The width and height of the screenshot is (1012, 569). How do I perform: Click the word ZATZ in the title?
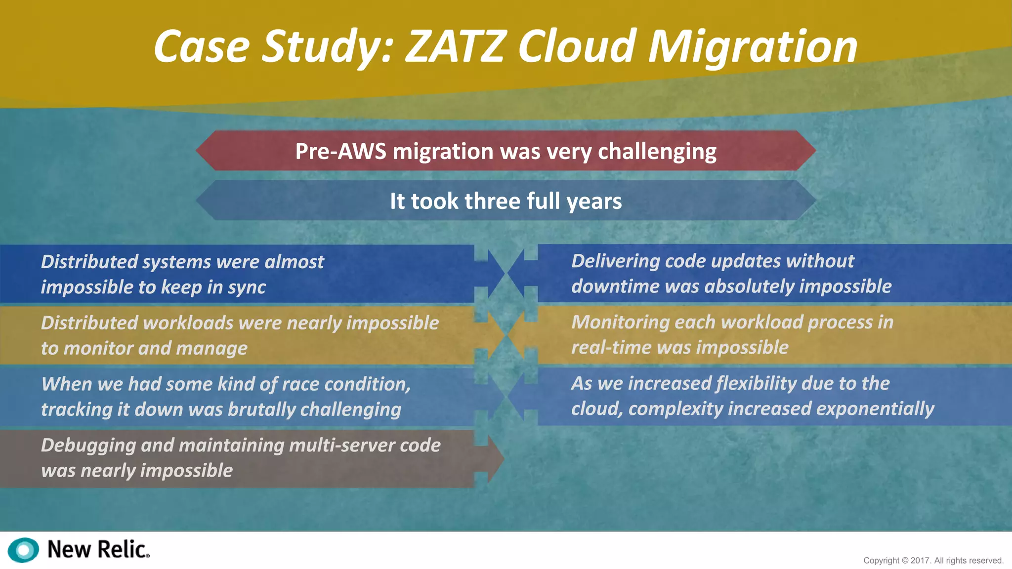click(456, 47)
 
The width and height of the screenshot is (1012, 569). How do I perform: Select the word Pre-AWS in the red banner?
click(340, 151)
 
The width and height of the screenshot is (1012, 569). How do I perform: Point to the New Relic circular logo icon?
click(23, 550)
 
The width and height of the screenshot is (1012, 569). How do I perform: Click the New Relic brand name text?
click(98, 550)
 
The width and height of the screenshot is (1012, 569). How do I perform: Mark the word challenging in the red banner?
click(657, 151)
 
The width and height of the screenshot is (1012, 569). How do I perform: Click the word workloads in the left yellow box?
click(188, 323)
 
